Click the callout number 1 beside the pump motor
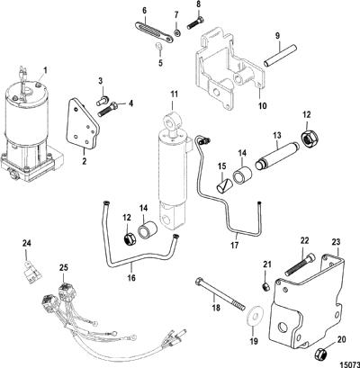pos(46,71)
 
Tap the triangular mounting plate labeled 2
pos(82,123)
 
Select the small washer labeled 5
pos(160,47)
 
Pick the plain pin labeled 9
pos(280,55)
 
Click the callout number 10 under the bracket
pos(262,106)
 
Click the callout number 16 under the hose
pos(131,278)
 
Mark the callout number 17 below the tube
pos(234,245)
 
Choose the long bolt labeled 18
pos(220,294)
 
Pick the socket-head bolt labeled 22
pos(301,265)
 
